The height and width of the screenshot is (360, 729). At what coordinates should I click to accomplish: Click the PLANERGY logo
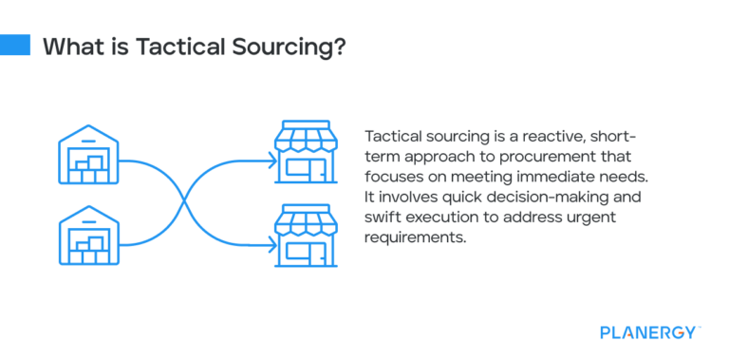tap(649, 332)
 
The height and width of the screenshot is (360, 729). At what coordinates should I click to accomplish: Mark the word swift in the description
tap(383, 216)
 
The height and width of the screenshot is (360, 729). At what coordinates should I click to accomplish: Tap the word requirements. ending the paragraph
tap(414, 236)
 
